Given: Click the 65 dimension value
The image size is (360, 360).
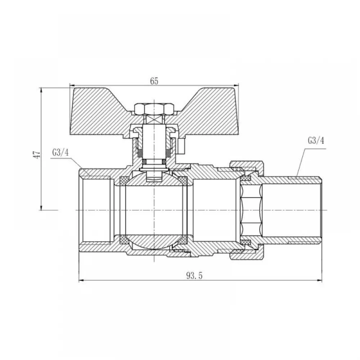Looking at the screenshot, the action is [154, 81].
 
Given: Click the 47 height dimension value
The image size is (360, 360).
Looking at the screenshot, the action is [37, 154].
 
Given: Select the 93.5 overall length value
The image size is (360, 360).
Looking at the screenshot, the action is [194, 275].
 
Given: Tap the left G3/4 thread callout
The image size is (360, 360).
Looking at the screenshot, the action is [60, 153].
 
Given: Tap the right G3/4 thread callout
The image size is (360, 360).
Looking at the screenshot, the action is [316, 140].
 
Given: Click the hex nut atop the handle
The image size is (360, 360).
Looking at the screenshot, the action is [154, 109].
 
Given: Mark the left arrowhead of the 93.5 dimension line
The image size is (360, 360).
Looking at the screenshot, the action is [81, 280].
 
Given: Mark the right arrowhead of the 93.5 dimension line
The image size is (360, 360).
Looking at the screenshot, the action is [319, 280].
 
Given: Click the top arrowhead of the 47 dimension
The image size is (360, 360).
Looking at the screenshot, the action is [41, 90].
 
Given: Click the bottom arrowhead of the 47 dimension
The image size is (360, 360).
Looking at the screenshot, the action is [41, 207].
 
